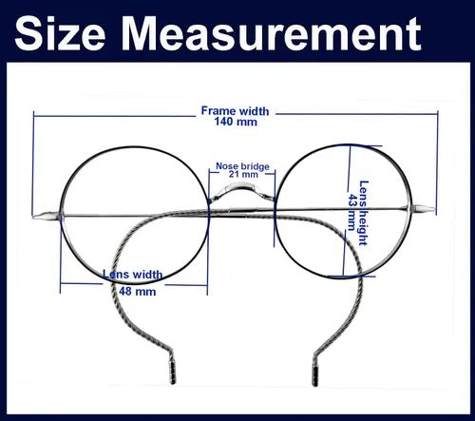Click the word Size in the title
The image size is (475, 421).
tap(60, 33)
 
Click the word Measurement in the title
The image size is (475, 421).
tap(272, 33)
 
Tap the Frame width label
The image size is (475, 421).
tap(235, 111)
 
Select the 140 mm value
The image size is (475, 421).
tap(236, 122)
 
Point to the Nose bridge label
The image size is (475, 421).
tap(242, 166)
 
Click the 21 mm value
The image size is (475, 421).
tap(243, 174)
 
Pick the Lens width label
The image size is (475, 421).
tap(133, 274)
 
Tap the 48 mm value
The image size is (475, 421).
tap(138, 292)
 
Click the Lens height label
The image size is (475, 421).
tap(364, 213)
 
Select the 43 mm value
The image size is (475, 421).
tap(352, 212)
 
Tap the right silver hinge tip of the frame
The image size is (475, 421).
tap(424, 209)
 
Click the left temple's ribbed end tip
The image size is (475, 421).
tap(173, 373)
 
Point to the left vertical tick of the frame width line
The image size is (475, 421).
tap(33, 163)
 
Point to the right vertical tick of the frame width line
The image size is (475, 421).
tap(437, 163)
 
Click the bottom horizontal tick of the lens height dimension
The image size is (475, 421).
tap(351, 277)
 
